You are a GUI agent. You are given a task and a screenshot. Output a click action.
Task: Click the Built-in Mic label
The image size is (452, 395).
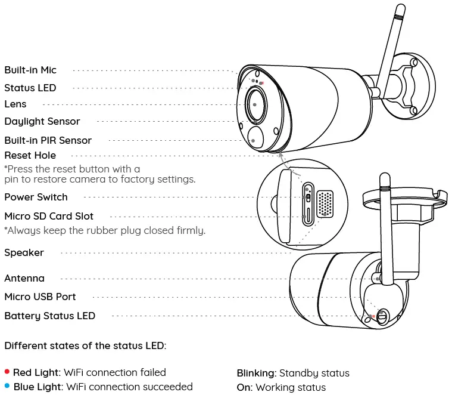(x=30, y=70)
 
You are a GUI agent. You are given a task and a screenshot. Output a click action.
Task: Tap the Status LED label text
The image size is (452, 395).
(x=30, y=88)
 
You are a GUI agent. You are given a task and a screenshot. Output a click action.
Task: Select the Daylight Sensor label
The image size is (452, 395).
(x=42, y=121)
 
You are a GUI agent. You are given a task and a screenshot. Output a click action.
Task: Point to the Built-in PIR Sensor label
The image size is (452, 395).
(x=48, y=140)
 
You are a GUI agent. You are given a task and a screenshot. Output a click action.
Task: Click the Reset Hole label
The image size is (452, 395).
(x=30, y=155)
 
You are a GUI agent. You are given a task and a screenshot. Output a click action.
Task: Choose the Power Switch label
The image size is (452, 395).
(x=36, y=197)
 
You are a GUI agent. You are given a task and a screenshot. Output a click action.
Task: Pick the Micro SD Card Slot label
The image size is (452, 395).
(x=49, y=216)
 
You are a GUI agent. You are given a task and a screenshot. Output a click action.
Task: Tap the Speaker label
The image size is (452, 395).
(x=24, y=252)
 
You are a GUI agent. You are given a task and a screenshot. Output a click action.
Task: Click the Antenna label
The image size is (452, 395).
(x=24, y=278)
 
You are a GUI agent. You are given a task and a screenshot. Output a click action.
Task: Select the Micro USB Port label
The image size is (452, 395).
(x=40, y=297)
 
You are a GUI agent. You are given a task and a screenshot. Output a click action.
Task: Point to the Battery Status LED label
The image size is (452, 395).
(x=49, y=316)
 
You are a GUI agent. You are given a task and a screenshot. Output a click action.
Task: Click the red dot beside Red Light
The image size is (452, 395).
(x=7, y=372)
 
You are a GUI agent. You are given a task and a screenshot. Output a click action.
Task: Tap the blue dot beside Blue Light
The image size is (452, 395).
(x=7, y=387)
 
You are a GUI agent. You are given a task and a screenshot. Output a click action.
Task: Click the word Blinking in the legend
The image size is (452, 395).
(x=256, y=373)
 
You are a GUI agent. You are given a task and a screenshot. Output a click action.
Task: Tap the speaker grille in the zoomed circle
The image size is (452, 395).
(x=325, y=203)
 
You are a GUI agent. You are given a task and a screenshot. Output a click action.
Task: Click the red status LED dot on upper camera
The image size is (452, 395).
(x=261, y=84)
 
